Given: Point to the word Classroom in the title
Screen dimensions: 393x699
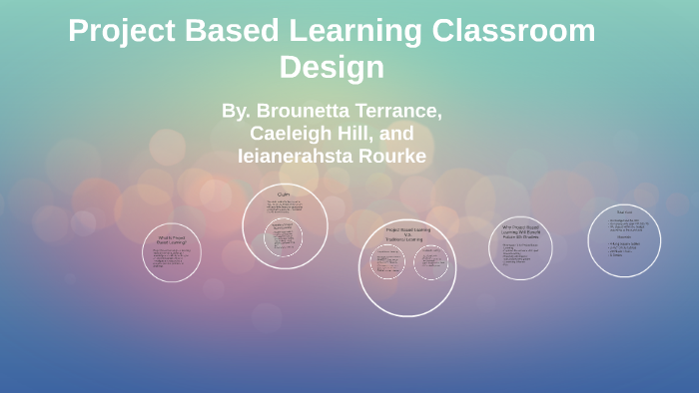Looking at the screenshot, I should point(514,31).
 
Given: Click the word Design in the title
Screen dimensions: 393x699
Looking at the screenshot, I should point(332,67).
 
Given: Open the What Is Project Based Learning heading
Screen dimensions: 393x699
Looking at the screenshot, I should point(172,239).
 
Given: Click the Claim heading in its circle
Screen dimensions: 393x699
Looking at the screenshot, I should point(285,194).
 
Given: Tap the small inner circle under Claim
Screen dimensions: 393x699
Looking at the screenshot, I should point(285,237).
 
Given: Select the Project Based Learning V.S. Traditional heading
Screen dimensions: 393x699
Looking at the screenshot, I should point(406,233).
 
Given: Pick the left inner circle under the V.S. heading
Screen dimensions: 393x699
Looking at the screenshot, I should point(385,263).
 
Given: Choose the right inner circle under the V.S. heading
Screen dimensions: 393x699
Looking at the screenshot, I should point(430,263).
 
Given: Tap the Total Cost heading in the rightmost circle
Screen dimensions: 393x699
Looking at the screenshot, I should point(624,212).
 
